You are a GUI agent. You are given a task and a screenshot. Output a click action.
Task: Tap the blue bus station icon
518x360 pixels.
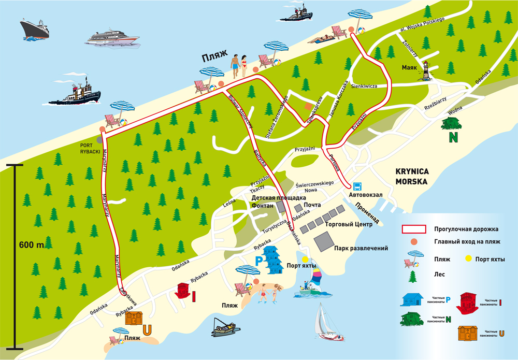(357, 186)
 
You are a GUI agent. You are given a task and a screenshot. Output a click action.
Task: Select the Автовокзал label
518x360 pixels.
(366, 195)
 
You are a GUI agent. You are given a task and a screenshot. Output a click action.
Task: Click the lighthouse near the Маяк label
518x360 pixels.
(426, 70)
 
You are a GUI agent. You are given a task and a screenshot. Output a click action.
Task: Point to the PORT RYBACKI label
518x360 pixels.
(90, 148)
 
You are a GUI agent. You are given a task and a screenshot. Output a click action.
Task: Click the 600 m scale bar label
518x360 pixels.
(32, 244)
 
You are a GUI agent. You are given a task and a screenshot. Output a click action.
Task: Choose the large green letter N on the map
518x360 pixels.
(453, 138)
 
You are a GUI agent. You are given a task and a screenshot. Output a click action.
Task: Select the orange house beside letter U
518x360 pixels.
(134, 318)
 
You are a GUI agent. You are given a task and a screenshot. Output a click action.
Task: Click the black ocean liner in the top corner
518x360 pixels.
(35, 29)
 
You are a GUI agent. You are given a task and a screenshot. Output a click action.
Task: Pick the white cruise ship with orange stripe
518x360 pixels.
(113, 38)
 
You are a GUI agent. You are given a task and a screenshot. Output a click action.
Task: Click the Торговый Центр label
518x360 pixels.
(349, 225)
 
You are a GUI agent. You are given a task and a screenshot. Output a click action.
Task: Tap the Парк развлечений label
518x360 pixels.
(361, 248)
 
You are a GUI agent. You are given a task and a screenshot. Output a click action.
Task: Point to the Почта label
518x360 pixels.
(312, 205)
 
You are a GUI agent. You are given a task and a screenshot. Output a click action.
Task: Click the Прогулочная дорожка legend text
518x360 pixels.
(466, 228)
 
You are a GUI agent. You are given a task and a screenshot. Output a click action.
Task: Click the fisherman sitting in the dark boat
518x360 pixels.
(225, 324)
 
